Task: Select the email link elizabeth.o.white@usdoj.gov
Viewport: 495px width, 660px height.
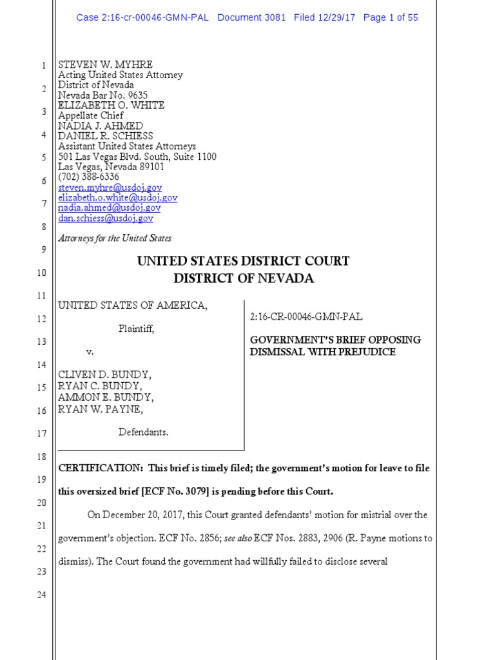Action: (118, 198)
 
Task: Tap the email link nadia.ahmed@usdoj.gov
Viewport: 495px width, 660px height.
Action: (110, 208)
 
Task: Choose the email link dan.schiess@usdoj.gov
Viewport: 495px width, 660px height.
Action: (106, 218)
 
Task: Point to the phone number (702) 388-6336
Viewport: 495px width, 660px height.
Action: (89, 177)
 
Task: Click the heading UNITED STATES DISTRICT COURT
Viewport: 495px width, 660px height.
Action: (243, 261)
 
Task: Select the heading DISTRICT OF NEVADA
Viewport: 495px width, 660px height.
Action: (244, 278)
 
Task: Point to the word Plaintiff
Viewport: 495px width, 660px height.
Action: (136, 329)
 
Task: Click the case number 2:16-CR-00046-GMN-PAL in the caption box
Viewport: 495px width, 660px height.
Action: (306, 317)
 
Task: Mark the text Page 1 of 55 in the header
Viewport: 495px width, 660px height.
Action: (391, 17)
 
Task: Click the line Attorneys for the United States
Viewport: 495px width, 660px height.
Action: (115, 238)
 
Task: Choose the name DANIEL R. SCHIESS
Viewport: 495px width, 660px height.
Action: (106, 136)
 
